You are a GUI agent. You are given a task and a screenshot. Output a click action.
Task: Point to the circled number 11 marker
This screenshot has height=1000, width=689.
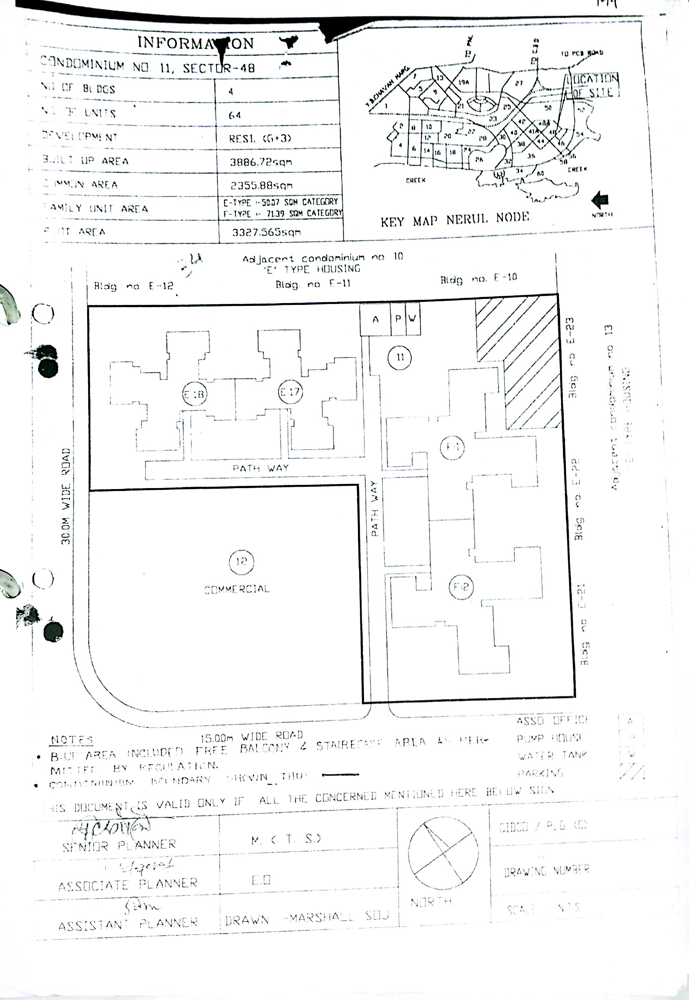[x=399, y=357]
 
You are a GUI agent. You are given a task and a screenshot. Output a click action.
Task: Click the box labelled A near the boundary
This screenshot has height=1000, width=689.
[x=375, y=319]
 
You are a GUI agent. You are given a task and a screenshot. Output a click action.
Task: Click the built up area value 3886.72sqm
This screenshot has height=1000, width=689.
[x=261, y=162]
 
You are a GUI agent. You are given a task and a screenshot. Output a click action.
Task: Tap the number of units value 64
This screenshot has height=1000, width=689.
[x=235, y=115]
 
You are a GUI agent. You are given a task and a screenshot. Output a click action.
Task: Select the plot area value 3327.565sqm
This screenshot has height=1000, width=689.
[x=266, y=232]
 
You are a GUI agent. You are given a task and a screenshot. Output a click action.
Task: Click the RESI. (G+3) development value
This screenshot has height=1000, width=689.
[x=260, y=138]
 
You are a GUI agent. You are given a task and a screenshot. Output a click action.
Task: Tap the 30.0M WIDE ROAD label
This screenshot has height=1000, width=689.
[x=66, y=496]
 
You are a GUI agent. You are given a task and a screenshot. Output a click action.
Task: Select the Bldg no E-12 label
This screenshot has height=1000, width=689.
[x=133, y=286]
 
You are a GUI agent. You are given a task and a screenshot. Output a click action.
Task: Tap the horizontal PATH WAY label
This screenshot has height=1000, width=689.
[x=260, y=468]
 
